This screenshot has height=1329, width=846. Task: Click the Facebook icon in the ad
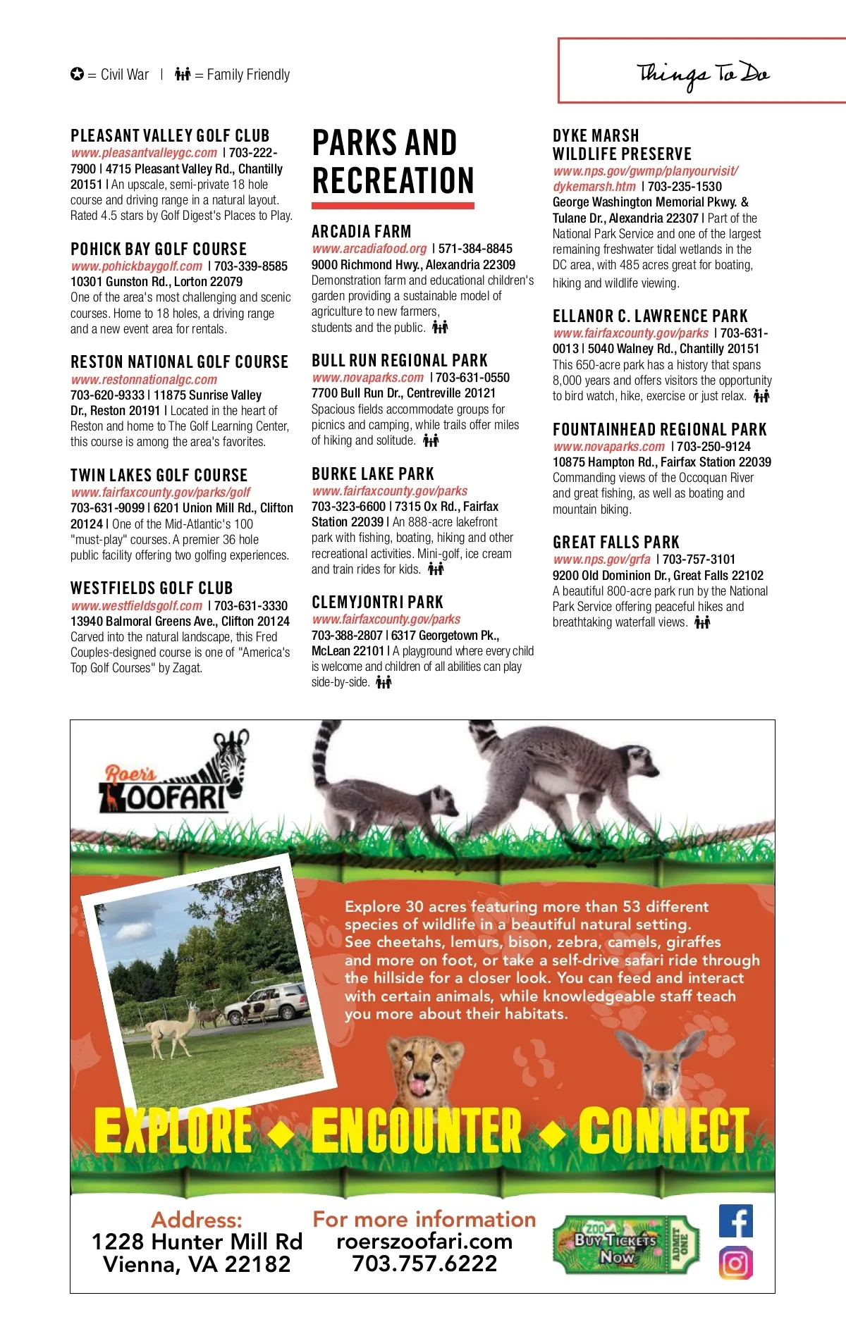click(x=735, y=1220)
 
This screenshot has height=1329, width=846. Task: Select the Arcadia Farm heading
click(x=361, y=231)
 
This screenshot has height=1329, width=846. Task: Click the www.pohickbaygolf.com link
click(x=137, y=266)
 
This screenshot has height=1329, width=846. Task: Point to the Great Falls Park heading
click(x=615, y=542)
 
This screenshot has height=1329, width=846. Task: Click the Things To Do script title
click(x=702, y=74)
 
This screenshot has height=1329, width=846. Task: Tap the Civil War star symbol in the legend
click(x=77, y=74)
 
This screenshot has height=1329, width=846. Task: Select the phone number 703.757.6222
click(x=424, y=1263)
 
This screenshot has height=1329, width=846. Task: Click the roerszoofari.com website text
click(x=424, y=1241)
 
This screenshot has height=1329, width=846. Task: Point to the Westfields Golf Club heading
click(x=152, y=588)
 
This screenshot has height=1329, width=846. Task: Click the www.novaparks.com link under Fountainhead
click(x=608, y=447)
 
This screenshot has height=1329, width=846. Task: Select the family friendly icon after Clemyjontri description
click(x=384, y=682)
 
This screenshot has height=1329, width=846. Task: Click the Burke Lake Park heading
click(x=373, y=474)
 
